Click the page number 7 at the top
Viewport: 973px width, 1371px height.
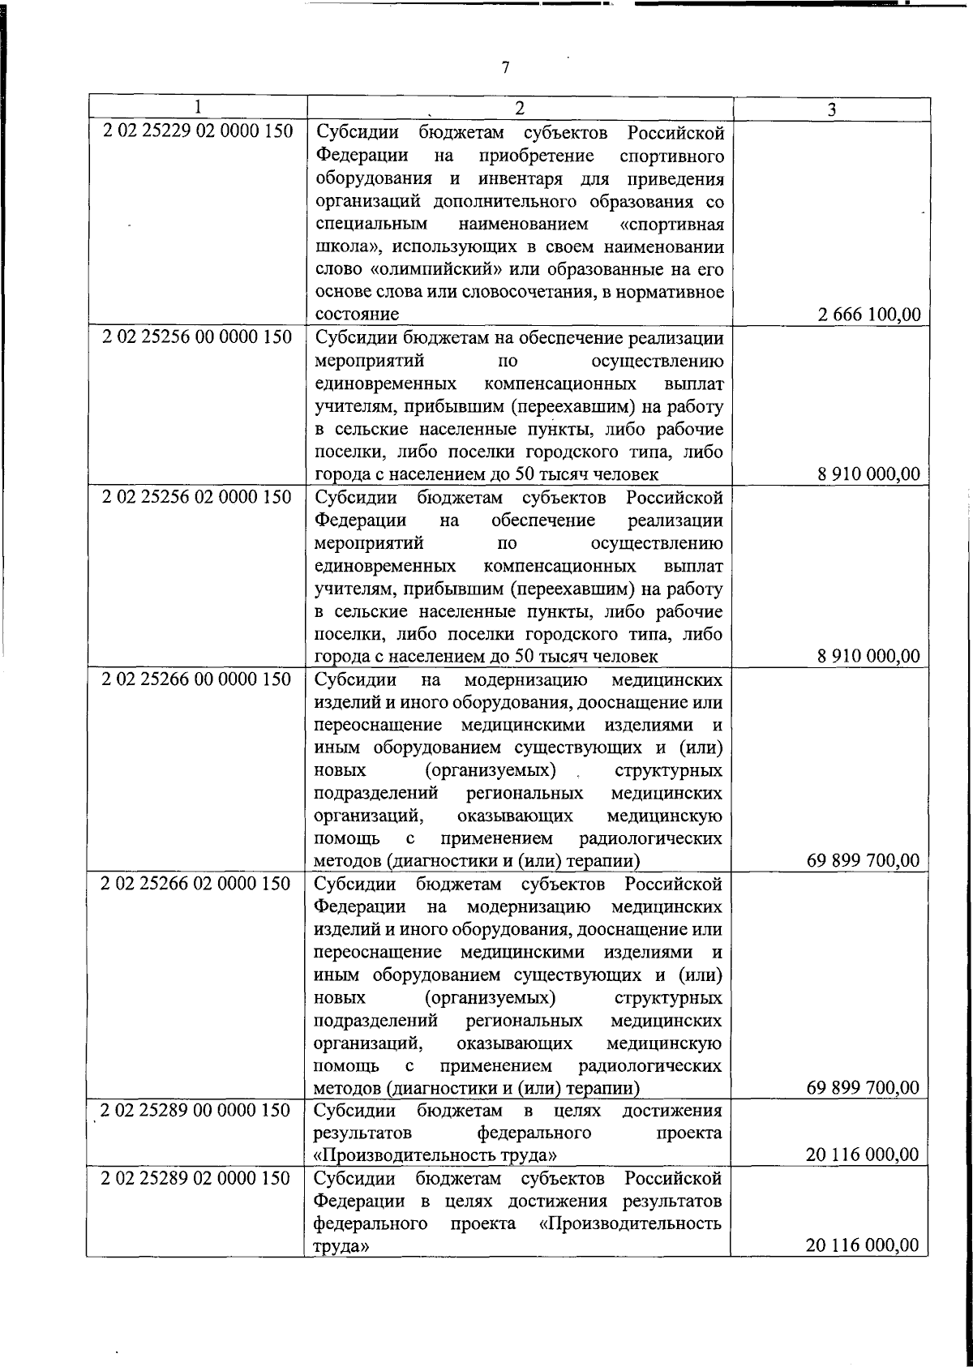click(505, 68)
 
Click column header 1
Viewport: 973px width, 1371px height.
click(197, 108)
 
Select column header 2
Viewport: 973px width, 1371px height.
click(519, 108)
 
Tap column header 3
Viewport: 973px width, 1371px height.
click(831, 109)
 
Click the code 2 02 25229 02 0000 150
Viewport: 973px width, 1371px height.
click(197, 131)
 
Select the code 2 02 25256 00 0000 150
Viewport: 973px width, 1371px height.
click(197, 337)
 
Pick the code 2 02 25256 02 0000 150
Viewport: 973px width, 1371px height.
click(197, 497)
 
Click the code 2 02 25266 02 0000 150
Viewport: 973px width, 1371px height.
click(197, 883)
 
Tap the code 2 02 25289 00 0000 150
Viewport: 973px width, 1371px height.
click(197, 1110)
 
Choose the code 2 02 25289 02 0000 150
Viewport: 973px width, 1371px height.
click(197, 1178)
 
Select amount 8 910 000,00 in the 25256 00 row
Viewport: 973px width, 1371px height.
click(868, 474)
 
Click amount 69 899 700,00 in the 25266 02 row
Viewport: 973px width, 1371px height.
click(863, 1087)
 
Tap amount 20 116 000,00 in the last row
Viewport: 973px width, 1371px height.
click(863, 1245)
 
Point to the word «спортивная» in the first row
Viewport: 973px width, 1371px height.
click(671, 224)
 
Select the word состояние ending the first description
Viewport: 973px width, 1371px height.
click(356, 314)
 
